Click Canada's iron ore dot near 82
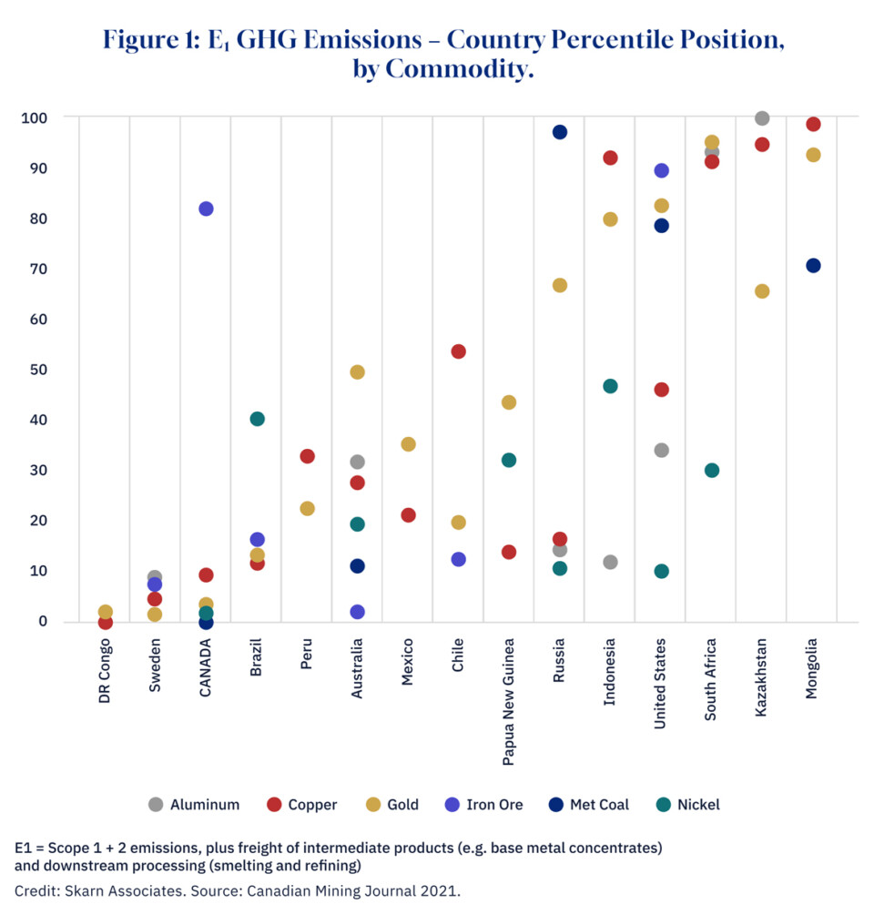(206, 208)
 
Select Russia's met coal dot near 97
(560, 132)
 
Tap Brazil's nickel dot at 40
(257, 419)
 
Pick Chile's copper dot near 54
(459, 351)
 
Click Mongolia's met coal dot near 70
(813, 266)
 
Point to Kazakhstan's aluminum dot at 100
(762, 118)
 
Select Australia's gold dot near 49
(358, 372)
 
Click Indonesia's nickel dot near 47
(610, 386)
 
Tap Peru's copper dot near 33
(308, 456)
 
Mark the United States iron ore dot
(662, 170)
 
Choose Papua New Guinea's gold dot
(509, 402)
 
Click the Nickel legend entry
(687, 805)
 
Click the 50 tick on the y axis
(38, 370)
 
